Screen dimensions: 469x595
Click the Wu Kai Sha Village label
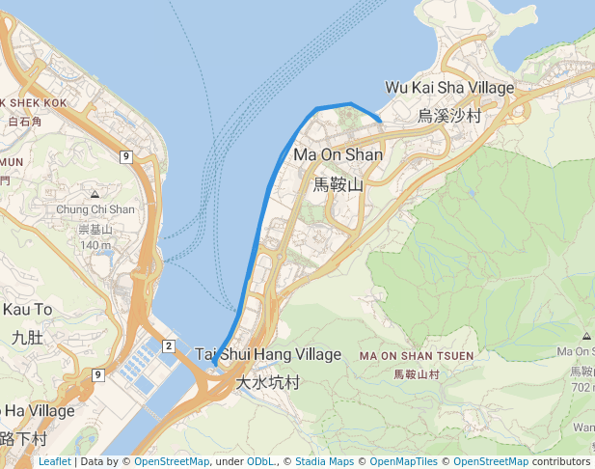448,87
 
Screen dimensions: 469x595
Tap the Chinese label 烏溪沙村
449,116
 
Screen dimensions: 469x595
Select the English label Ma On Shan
338,154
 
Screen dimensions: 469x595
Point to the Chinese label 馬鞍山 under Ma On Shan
338,184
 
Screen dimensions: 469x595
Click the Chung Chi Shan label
95,209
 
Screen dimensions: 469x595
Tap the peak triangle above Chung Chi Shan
95,195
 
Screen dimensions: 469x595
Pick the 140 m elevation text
95,245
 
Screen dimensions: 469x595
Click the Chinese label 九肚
27,338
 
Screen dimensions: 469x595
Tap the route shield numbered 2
168,345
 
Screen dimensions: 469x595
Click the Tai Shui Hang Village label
268,355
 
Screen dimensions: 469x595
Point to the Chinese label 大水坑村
268,383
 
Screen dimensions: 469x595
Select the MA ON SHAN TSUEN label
417,356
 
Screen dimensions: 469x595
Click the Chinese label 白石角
24,123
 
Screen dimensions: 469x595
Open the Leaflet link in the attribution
54,462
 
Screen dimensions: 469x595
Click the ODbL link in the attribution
259,462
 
